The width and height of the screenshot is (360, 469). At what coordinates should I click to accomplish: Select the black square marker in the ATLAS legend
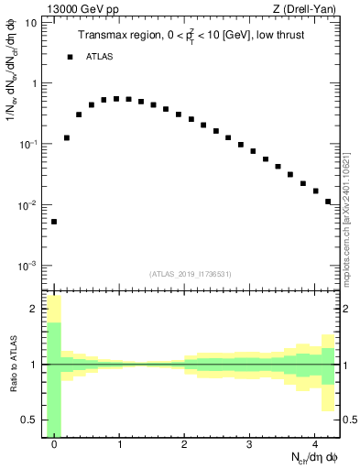click(x=70, y=57)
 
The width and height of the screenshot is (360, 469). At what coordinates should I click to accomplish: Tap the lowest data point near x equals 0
click(x=54, y=222)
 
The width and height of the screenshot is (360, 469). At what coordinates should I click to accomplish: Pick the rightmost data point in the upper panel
click(x=328, y=202)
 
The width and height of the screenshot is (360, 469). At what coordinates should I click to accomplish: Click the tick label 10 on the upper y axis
click(x=30, y=22)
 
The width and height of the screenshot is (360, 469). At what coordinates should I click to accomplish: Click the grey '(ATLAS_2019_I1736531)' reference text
click(x=191, y=274)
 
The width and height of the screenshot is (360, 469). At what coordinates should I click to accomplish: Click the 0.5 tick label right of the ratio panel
click(x=351, y=420)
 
